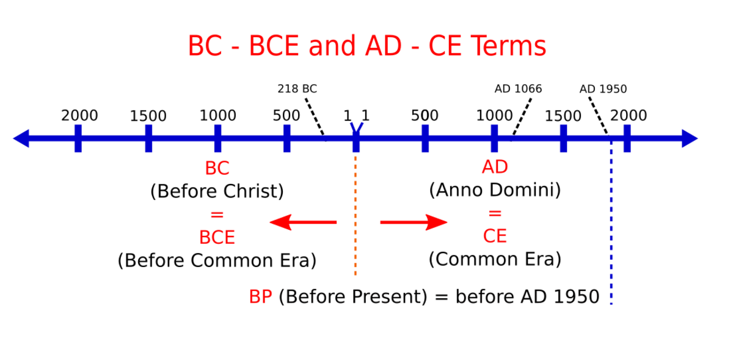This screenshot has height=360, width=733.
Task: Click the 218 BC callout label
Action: [297, 89]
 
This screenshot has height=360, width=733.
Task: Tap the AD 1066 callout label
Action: [518, 89]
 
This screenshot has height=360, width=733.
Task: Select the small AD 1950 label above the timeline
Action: [603, 89]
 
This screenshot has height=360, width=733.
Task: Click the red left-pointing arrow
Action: [303, 222]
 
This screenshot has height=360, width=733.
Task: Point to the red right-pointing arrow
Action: [414, 222]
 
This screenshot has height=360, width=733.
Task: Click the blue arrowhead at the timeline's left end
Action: [21, 139]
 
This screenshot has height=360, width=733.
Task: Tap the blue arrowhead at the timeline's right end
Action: [690, 139]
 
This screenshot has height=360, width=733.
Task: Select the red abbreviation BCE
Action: [217, 238]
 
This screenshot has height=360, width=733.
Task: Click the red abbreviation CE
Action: [495, 236]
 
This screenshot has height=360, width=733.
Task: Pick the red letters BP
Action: [260, 297]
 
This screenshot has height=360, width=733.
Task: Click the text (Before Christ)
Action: [217, 191]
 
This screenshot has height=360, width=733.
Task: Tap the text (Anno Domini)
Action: [495, 190]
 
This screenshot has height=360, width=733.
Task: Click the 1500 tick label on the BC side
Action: [148, 116]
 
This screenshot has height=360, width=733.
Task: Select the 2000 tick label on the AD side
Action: [629, 116]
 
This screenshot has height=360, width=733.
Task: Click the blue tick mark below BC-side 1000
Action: [217, 139]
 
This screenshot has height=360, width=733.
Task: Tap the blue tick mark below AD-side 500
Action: [425, 139]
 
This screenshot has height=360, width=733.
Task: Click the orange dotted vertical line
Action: [356, 216]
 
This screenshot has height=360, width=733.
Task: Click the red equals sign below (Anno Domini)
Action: [495, 213]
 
